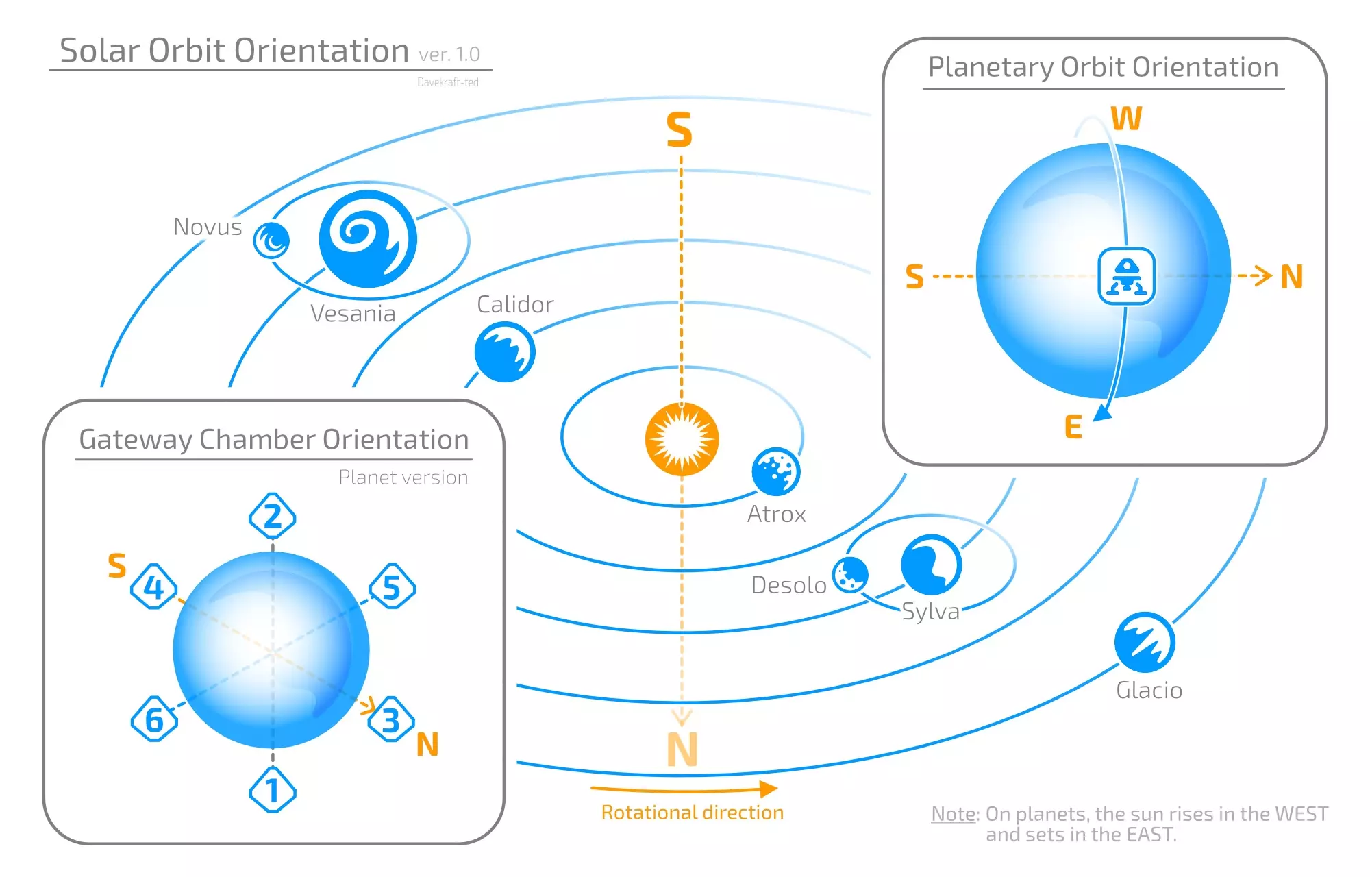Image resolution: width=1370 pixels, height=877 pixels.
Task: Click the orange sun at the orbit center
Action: point(682,439)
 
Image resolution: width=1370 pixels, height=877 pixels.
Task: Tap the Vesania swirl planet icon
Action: point(368,239)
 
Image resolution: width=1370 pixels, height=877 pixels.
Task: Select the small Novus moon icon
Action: point(271,240)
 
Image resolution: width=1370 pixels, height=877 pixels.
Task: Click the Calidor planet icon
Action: point(505,352)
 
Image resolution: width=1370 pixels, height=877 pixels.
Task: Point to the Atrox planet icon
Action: point(775,471)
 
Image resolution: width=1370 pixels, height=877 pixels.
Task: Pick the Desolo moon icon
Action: point(850,574)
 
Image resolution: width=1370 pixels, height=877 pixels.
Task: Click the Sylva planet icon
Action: point(931,565)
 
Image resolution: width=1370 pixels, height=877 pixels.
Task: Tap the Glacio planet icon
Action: point(1145,642)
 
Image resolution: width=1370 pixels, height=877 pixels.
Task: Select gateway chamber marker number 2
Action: point(273,516)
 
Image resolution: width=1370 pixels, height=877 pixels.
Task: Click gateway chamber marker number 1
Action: point(273,790)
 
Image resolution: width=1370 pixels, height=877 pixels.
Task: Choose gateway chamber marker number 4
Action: point(154,586)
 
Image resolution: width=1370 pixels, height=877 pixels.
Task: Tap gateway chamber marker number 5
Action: point(392,586)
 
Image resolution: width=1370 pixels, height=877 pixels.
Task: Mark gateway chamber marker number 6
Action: point(154,719)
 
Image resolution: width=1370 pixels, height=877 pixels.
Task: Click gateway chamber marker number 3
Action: point(391,719)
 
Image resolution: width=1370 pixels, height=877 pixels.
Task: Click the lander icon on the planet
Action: point(1126,276)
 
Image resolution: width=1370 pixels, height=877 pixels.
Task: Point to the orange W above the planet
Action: point(1126,119)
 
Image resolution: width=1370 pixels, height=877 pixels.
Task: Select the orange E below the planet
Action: point(1073,427)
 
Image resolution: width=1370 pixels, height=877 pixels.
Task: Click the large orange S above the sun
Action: point(680,130)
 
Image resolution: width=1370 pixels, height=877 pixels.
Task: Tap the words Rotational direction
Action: point(692,813)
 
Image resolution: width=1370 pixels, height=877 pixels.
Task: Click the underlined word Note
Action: point(954,814)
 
